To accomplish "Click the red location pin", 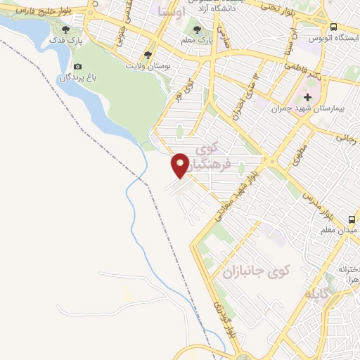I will point(181,164).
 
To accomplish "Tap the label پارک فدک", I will point(66,42).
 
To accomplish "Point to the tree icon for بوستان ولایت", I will point(147,54).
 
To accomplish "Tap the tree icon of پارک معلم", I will point(197,30).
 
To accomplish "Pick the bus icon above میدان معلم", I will point(351,219).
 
